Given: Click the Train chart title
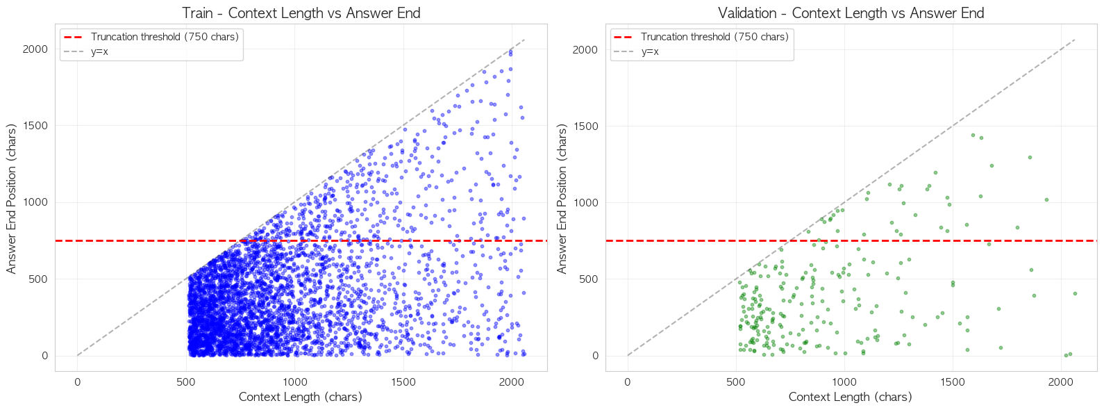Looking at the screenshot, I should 301,13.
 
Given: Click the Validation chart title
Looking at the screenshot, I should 851,13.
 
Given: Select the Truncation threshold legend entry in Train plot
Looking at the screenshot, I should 165,37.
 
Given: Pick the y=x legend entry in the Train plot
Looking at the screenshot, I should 99,51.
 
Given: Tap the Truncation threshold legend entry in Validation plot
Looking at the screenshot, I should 714,37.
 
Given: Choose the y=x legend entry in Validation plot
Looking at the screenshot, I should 649,51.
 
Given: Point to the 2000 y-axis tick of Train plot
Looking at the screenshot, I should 35,49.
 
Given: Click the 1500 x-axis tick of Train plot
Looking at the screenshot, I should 403,382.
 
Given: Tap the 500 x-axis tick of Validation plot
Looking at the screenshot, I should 736,382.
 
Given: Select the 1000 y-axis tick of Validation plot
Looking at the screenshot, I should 585,203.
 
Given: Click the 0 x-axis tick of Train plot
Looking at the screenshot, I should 77,382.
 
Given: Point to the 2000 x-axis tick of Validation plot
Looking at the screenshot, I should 1061,382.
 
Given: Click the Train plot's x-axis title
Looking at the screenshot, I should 301,397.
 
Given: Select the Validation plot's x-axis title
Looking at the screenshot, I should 851,397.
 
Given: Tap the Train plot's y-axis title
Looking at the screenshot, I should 11,199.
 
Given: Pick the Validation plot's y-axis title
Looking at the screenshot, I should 562,199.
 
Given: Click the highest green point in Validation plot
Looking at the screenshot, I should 973,135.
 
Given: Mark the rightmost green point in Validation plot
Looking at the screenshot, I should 1075,293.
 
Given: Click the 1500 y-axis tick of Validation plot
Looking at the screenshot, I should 585,126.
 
